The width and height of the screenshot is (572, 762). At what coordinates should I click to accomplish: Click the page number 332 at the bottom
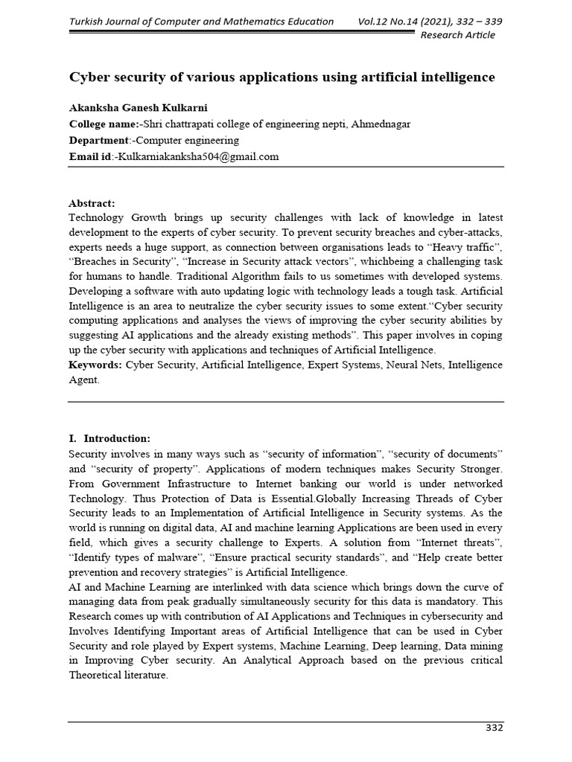494,728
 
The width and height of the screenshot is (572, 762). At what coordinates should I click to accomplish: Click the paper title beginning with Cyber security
282,77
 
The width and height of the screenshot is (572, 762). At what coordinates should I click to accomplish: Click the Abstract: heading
92,203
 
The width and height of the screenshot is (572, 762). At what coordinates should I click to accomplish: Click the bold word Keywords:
95,365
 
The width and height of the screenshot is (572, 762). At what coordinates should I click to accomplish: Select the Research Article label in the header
457,35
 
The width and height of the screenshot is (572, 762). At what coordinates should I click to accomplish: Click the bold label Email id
89,156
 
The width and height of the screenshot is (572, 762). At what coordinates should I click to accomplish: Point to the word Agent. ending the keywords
83,380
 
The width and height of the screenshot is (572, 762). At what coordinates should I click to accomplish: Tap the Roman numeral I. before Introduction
73,438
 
